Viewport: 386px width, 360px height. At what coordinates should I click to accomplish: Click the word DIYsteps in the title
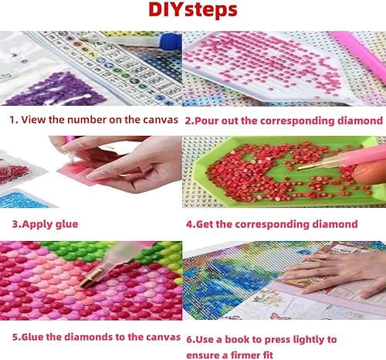tap(193, 10)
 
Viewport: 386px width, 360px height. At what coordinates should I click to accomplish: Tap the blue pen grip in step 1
tap(171, 41)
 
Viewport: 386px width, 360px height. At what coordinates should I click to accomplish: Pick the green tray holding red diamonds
tap(286, 172)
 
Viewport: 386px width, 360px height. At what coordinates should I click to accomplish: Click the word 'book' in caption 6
tap(236, 340)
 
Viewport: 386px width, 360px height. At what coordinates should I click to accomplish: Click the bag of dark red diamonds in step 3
tap(13, 173)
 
